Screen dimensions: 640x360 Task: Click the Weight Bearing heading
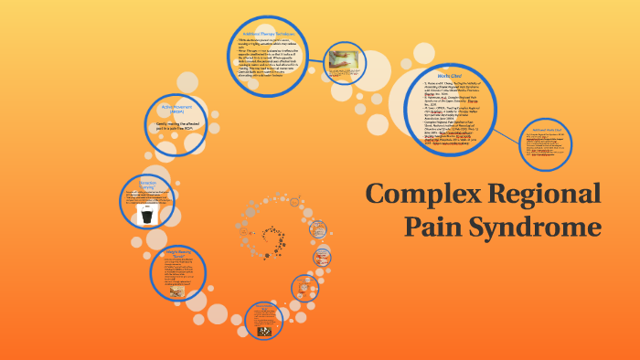point(176,250)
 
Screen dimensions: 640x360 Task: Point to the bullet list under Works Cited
point(449,113)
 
